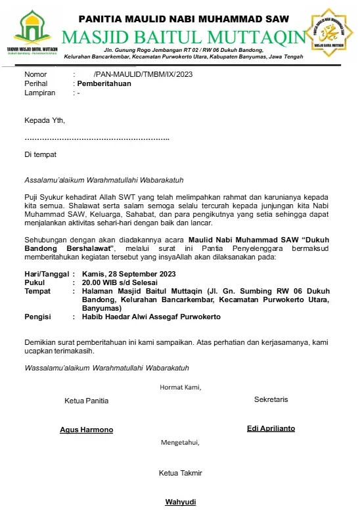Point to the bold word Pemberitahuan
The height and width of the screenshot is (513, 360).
click(104, 84)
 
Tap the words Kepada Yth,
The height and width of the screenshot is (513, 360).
click(45, 121)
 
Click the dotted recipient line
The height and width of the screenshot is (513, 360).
click(97, 138)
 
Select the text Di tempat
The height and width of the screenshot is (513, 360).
click(40, 155)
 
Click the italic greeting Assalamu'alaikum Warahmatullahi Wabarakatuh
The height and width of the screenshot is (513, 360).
click(104, 179)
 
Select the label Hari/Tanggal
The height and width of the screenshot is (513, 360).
click(46, 274)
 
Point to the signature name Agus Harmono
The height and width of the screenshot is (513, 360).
click(87, 430)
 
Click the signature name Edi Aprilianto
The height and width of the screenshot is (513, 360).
click(271, 428)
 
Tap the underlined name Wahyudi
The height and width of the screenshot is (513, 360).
click(180, 502)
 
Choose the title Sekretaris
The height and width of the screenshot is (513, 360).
click(271, 399)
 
